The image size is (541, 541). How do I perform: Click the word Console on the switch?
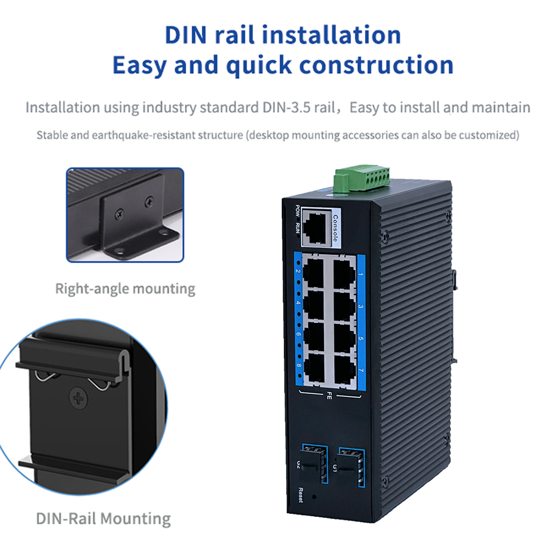335,228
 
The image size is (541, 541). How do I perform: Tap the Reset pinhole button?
314,497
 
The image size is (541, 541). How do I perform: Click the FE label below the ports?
329,396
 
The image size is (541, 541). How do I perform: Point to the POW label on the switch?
298,211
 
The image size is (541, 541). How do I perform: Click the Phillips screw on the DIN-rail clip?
79,398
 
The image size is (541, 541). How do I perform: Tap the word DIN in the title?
186,35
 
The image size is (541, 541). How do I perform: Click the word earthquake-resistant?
167,135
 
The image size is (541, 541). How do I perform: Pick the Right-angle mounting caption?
125,289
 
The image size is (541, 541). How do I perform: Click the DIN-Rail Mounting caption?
104,518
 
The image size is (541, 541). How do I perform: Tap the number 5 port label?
361,339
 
